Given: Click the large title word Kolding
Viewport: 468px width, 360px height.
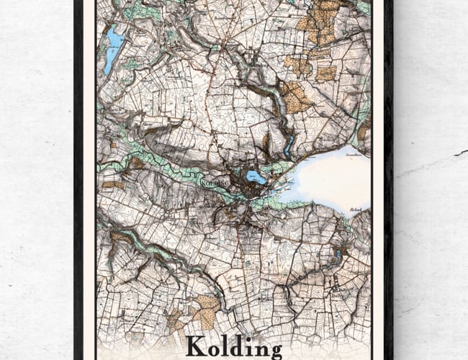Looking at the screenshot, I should pos(234,346).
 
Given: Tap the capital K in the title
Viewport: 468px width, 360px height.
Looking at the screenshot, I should pos(195,346).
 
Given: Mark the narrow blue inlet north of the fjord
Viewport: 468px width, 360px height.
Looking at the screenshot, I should pos(288,148).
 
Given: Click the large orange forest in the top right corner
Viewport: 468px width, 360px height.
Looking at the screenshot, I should pos(320,22).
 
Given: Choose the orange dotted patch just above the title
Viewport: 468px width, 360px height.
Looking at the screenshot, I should pos(207,311).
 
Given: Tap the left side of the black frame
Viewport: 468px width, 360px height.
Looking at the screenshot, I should pos(78,180).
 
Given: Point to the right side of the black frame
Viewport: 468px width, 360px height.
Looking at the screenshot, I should pos(389,180).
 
